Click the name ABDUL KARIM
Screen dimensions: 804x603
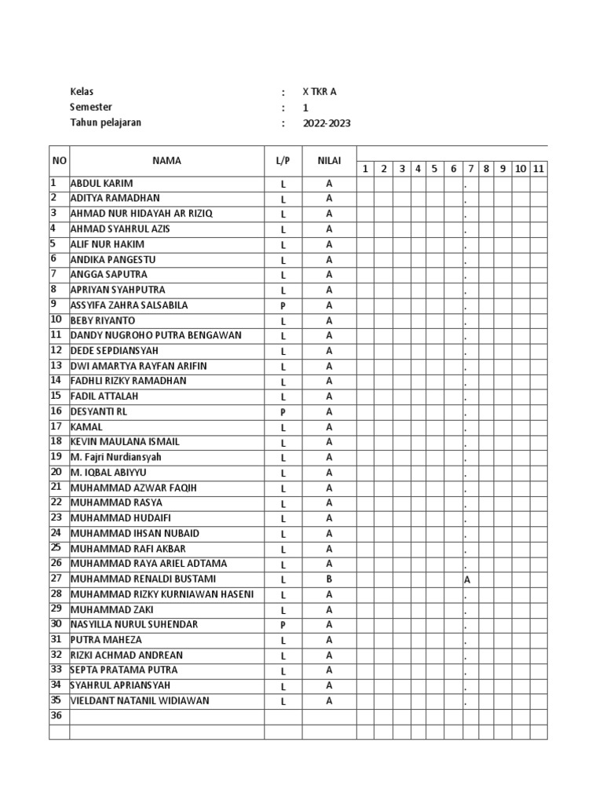101,184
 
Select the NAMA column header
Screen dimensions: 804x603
166,161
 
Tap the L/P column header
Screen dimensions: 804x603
283,161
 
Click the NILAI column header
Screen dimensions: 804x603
329,161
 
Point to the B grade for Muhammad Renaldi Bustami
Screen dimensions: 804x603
329,579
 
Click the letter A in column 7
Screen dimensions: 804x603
467,580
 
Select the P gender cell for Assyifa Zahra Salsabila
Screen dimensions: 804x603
283,305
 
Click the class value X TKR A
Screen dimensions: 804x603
320,92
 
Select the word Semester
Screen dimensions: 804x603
91,108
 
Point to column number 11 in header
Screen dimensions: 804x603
539,169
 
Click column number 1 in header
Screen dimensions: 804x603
365,169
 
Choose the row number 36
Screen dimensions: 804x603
56,716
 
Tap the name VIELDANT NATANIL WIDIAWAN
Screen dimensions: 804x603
140,701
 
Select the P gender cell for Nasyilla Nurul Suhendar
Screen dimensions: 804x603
283,625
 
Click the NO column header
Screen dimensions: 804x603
59,161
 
